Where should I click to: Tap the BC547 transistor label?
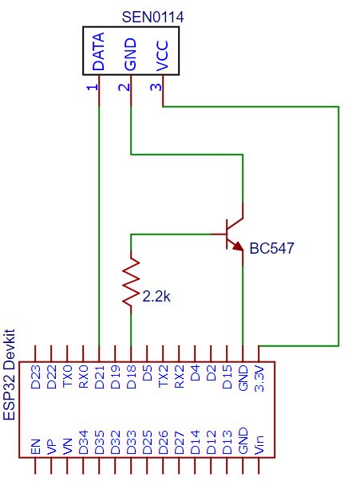point(271,248)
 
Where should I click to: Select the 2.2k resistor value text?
point(156,297)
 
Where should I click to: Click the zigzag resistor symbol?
point(130,282)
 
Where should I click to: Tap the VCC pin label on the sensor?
point(163,55)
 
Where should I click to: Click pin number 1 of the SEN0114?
point(91,85)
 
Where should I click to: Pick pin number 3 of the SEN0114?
point(156,85)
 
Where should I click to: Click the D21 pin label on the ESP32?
point(99,378)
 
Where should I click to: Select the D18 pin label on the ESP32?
point(131,378)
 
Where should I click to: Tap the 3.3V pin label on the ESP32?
point(259,378)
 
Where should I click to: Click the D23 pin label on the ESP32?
point(35,378)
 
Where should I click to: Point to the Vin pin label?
point(259,445)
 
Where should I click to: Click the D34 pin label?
point(83,444)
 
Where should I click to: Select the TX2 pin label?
point(163,378)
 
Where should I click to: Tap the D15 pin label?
point(227,378)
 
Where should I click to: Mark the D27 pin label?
point(179,444)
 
